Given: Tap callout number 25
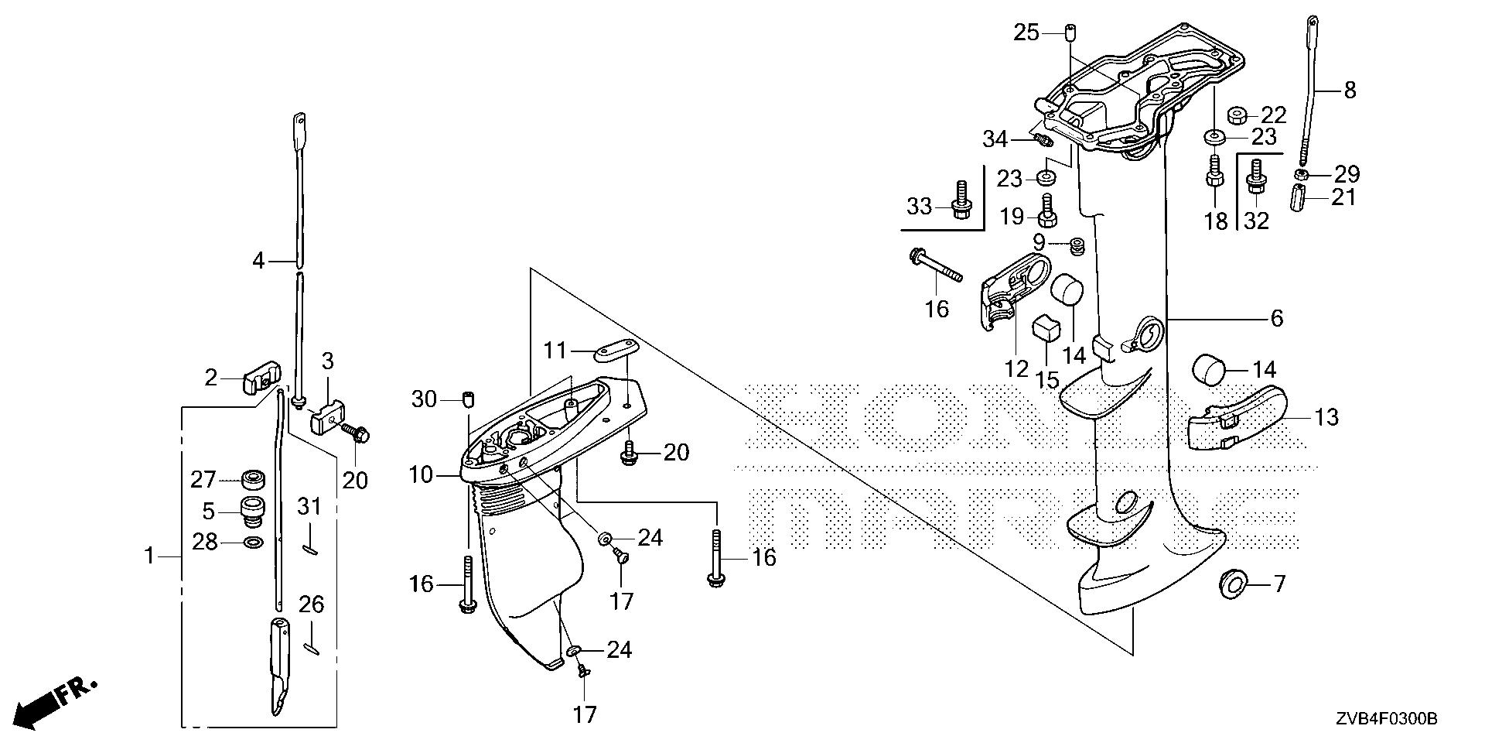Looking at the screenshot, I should (x=1027, y=33).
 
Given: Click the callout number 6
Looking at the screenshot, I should (x=1276, y=317).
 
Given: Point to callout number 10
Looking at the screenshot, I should (x=422, y=474).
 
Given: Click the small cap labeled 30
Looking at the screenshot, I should (x=467, y=399).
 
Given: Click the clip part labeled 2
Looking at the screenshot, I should (x=257, y=382).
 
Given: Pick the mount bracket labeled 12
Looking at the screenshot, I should (x=1009, y=294).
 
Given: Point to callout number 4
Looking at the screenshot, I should (x=259, y=261).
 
